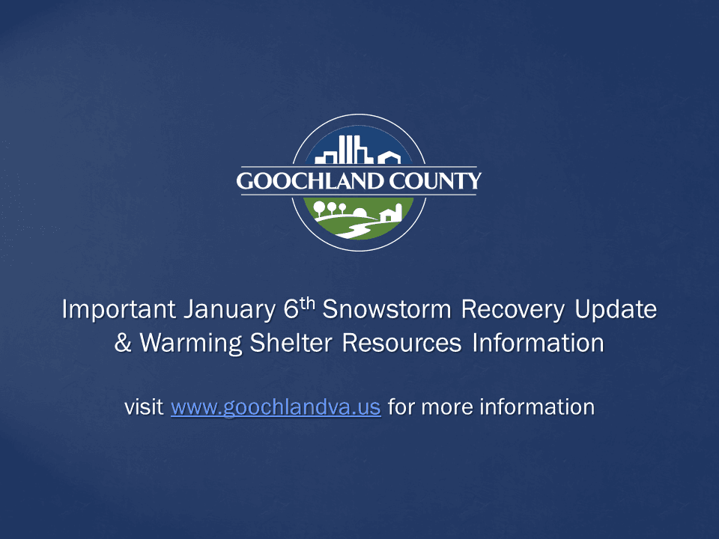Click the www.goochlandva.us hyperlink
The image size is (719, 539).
coord(276,408)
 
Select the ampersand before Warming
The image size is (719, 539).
coord(123,344)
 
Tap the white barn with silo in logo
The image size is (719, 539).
coord(392,213)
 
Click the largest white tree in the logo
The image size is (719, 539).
coord(321,207)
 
